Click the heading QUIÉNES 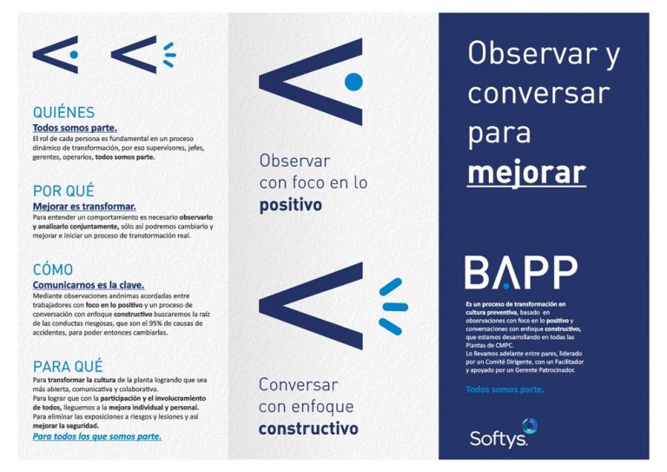(x=63, y=112)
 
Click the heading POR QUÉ (x=63, y=190)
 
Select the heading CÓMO (x=53, y=269)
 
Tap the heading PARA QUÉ (x=68, y=365)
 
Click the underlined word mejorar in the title (x=526, y=171)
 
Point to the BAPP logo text (x=521, y=273)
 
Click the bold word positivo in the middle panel (x=290, y=205)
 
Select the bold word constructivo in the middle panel (x=308, y=429)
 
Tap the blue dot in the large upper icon (x=353, y=82)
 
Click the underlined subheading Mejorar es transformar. (x=84, y=206)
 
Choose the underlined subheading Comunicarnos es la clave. (x=89, y=284)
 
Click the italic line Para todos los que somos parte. (x=96, y=436)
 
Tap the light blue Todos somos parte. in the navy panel (x=505, y=389)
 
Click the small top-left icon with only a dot (x=56, y=54)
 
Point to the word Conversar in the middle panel (x=298, y=384)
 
